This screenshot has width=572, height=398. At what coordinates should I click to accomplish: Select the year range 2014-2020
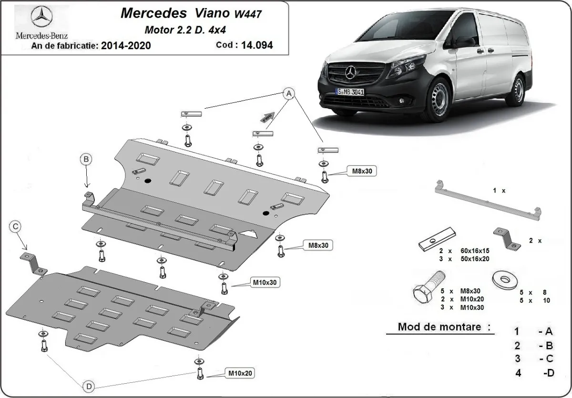pyautogui.click(x=127, y=46)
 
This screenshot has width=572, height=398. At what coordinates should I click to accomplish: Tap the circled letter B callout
pyautogui.click(x=86, y=160)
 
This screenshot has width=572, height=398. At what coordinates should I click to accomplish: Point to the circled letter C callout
pyautogui.click(x=16, y=227)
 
